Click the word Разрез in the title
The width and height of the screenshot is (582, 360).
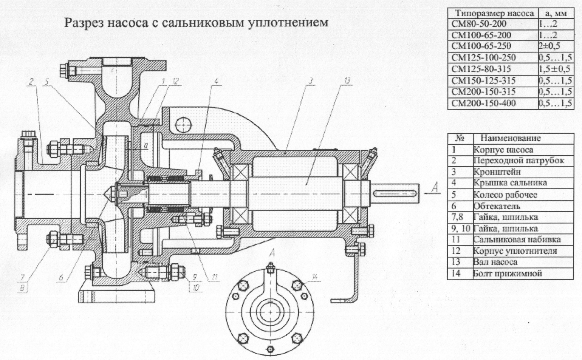coord(84,23)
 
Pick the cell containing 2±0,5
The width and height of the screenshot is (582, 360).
coord(550,46)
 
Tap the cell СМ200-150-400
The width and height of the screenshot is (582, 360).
coord(484,103)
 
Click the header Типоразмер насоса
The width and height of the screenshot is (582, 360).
coord(494,14)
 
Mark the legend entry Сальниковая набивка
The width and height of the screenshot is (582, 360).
coord(517,239)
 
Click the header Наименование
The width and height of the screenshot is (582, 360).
coord(510,138)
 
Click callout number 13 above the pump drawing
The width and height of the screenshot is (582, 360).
coord(347,81)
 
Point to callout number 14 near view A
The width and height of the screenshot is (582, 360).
coord(315,277)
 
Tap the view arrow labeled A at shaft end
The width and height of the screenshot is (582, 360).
coord(435,187)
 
